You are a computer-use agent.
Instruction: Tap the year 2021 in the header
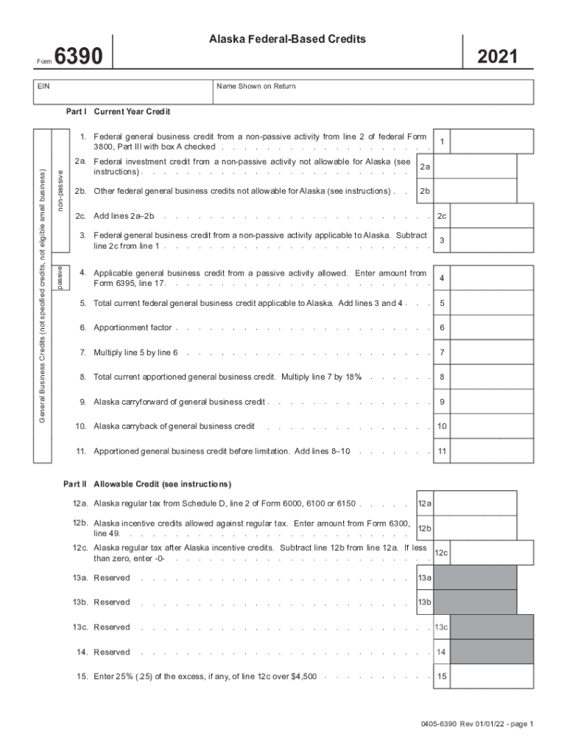[x=497, y=58]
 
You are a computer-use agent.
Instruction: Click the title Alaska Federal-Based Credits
[x=287, y=38]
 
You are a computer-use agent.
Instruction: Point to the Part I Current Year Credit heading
[x=118, y=112]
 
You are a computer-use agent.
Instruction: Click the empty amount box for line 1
[x=491, y=141]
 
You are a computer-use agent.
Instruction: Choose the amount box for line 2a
[x=475, y=167]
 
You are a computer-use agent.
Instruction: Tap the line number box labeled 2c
[x=442, y=217]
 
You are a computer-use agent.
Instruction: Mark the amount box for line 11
[x=491, y=451]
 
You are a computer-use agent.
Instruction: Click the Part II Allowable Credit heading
[x=147, y=484]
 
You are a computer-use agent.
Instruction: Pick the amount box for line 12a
[x=475, y=504]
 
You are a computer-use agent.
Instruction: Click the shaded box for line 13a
[x=475, y=578]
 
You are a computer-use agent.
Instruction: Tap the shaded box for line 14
[x=491, y=653]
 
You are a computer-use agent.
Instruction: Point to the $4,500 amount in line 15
[x=304, y=676]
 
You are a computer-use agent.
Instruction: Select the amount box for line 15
[x=491, y=676]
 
